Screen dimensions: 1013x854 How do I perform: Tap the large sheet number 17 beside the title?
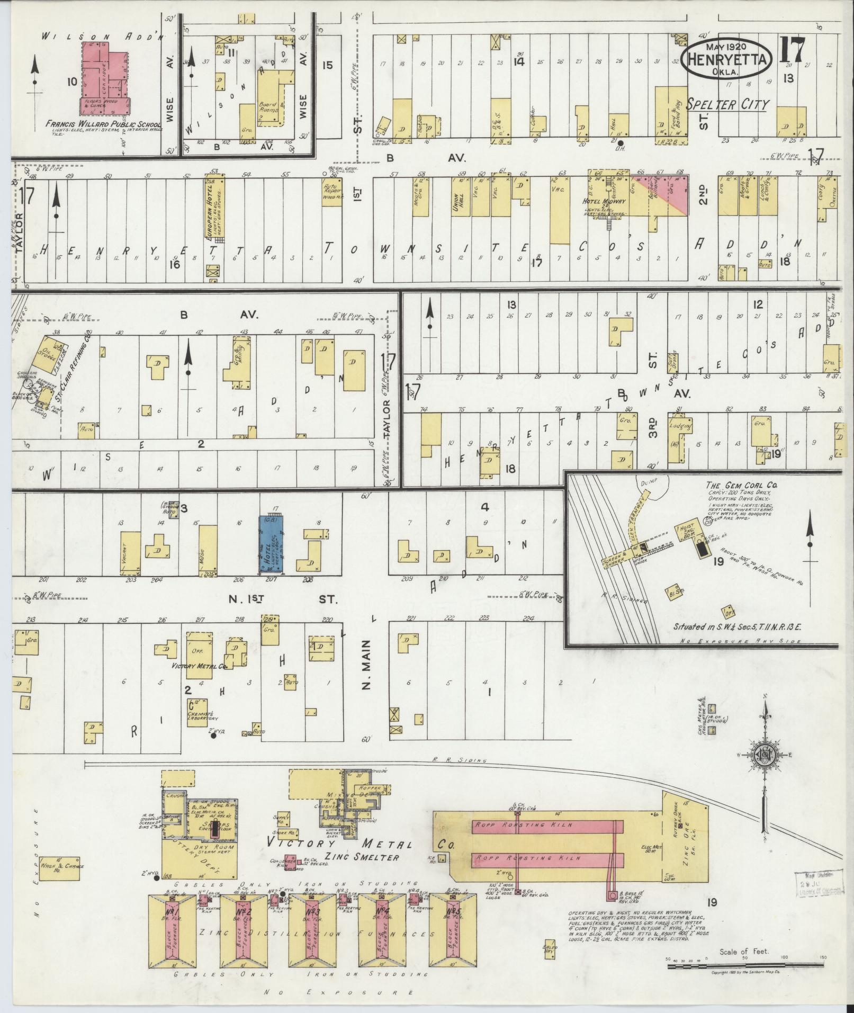(793, 52)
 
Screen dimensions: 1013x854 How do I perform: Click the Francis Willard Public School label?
(104, 125)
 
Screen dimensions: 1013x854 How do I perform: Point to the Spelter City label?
(727, 104)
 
